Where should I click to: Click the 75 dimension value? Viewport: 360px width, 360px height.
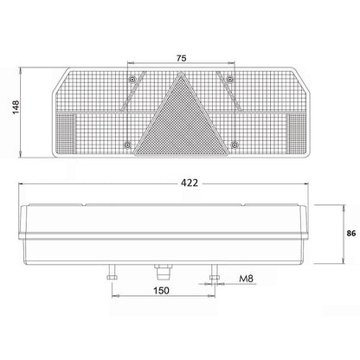(181, 58)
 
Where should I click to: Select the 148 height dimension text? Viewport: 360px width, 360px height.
(16, 107)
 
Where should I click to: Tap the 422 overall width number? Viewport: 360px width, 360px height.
(190, 183)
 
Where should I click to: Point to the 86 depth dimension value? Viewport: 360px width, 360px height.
(351, 234)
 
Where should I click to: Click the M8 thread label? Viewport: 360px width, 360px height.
(246, 279)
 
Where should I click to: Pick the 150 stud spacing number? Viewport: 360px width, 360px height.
(161, 291)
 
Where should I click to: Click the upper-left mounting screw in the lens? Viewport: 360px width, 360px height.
(132, 79)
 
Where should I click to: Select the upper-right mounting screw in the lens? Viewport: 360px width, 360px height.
(230, 79)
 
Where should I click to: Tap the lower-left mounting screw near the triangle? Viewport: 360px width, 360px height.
(127, 145)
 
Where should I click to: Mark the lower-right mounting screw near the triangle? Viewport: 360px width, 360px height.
(235, 145)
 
